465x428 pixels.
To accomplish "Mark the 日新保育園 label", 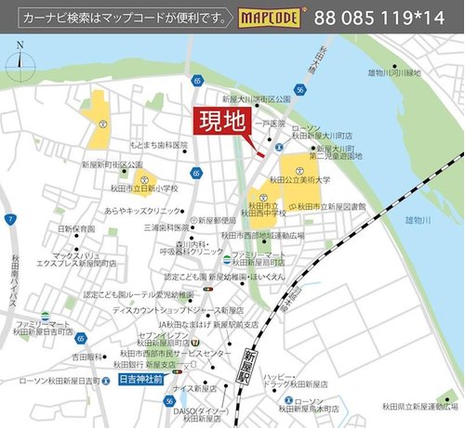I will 76,227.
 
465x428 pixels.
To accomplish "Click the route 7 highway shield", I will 8,219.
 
